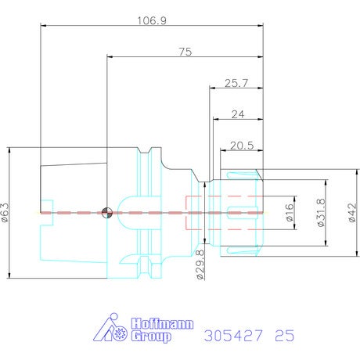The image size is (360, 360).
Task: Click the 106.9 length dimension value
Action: click(152, 20)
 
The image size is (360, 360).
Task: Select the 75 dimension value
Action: click(185, 52)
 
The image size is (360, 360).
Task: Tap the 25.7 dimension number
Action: click(236, 83)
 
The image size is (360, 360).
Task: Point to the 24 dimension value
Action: click(238, 114)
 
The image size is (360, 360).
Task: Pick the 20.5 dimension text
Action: click(242, 146)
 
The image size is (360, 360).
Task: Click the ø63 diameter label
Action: click(5, 213)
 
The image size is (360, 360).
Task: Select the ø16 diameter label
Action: click(290, 213)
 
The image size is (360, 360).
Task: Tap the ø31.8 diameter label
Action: click(322, 213)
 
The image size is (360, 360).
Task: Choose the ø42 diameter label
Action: click(352, 213)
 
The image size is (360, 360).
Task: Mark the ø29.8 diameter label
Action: click(200, 265)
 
